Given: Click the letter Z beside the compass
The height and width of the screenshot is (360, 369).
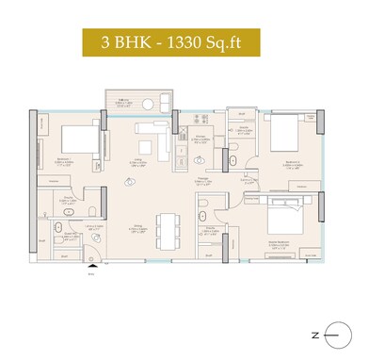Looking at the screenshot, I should [314, 333].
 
